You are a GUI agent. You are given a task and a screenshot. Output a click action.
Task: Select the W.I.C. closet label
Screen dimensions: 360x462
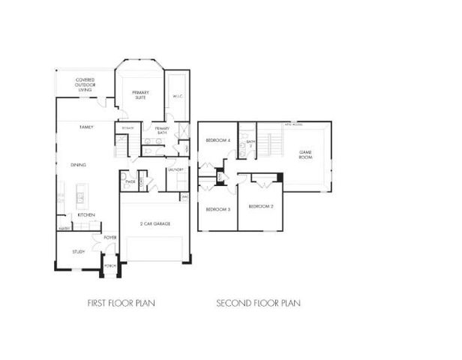(178, 96)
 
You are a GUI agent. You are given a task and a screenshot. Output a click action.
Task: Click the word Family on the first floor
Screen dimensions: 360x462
(87, 128)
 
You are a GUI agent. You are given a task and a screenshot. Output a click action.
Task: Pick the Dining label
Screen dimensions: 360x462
(78, 165)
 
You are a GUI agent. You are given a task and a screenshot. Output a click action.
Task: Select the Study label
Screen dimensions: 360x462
(78, 252)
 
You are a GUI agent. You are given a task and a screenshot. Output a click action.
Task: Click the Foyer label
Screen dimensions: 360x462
(109, 237)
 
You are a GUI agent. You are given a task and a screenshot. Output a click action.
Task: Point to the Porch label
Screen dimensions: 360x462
(109, 265)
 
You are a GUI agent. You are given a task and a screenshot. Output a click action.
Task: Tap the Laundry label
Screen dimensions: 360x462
(176, 170)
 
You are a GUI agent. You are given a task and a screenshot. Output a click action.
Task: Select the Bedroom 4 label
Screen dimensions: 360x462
(217, 141)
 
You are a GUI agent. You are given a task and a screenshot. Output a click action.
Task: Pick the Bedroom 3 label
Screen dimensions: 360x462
(217, 209)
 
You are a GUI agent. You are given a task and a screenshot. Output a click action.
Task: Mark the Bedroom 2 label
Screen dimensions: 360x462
(260, 205)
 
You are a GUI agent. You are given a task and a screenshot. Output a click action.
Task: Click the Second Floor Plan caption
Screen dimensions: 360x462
(258, 304)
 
